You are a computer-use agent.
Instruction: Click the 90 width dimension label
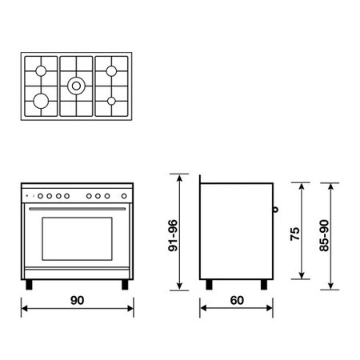click(77, 300)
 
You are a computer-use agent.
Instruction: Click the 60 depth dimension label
click(237, 300)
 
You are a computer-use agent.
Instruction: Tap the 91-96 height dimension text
click(173, 235)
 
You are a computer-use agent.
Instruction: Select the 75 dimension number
click(295, 234)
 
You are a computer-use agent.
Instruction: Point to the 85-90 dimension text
click(324, 235)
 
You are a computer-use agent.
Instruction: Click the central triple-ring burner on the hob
click(76, 86)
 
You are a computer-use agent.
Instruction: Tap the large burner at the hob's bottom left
click(41, 101)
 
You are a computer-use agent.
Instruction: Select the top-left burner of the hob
click(41, 71)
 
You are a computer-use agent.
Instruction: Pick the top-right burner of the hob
click(111, 71)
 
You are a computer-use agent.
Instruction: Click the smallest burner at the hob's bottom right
click(111, 101)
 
